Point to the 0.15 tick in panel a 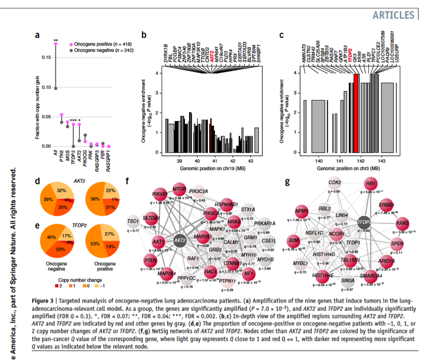click(x=47, y=58)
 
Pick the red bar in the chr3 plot click(x=356, y=113)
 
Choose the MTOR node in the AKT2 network click(x=179, y=189)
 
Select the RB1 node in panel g click(x=370, y=184)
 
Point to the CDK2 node click(x=335, y=183)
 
